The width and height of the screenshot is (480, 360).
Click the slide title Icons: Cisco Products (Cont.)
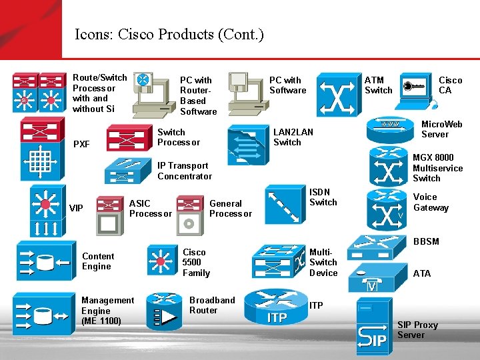(x=169, y=34)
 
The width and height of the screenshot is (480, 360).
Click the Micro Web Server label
(x=441, y=129)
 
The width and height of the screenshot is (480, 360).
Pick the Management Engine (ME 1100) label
(x=107, y=311)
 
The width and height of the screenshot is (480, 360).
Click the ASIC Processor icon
(x=109, y=214)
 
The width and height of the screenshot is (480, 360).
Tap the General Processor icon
(x=190, y=214)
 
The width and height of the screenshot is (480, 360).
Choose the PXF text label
(x=81, y=144)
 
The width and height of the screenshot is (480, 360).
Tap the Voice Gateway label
(x=431, y=202)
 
